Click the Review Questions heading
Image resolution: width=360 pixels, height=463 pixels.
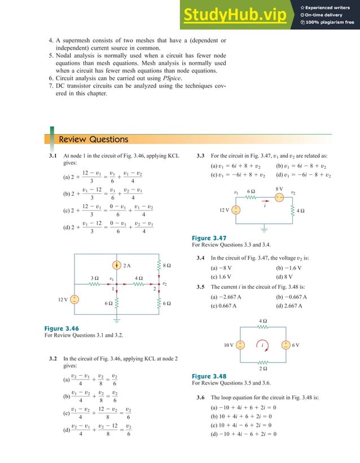(x=94, y=139)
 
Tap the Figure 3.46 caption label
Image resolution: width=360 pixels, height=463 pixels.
(x=62, y=328)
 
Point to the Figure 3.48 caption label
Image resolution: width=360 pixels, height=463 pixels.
(x=209, y=376)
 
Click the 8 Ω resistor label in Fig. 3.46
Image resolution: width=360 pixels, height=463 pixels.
(x=167, y=264)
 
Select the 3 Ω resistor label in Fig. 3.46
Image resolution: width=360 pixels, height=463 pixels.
(x=95, y=278)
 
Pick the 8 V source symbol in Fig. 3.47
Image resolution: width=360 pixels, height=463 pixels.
(x=279, y=197)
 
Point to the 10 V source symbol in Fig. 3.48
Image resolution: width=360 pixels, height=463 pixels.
(x=240, y=345)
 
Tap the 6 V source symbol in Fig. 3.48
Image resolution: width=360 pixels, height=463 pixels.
(x=286, y=345)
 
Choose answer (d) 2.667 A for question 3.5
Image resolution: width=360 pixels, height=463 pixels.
(x=289, y=306)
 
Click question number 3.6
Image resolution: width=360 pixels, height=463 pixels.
(x=200, y=398)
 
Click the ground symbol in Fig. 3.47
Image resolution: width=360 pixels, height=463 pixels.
(x=264, y=230)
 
